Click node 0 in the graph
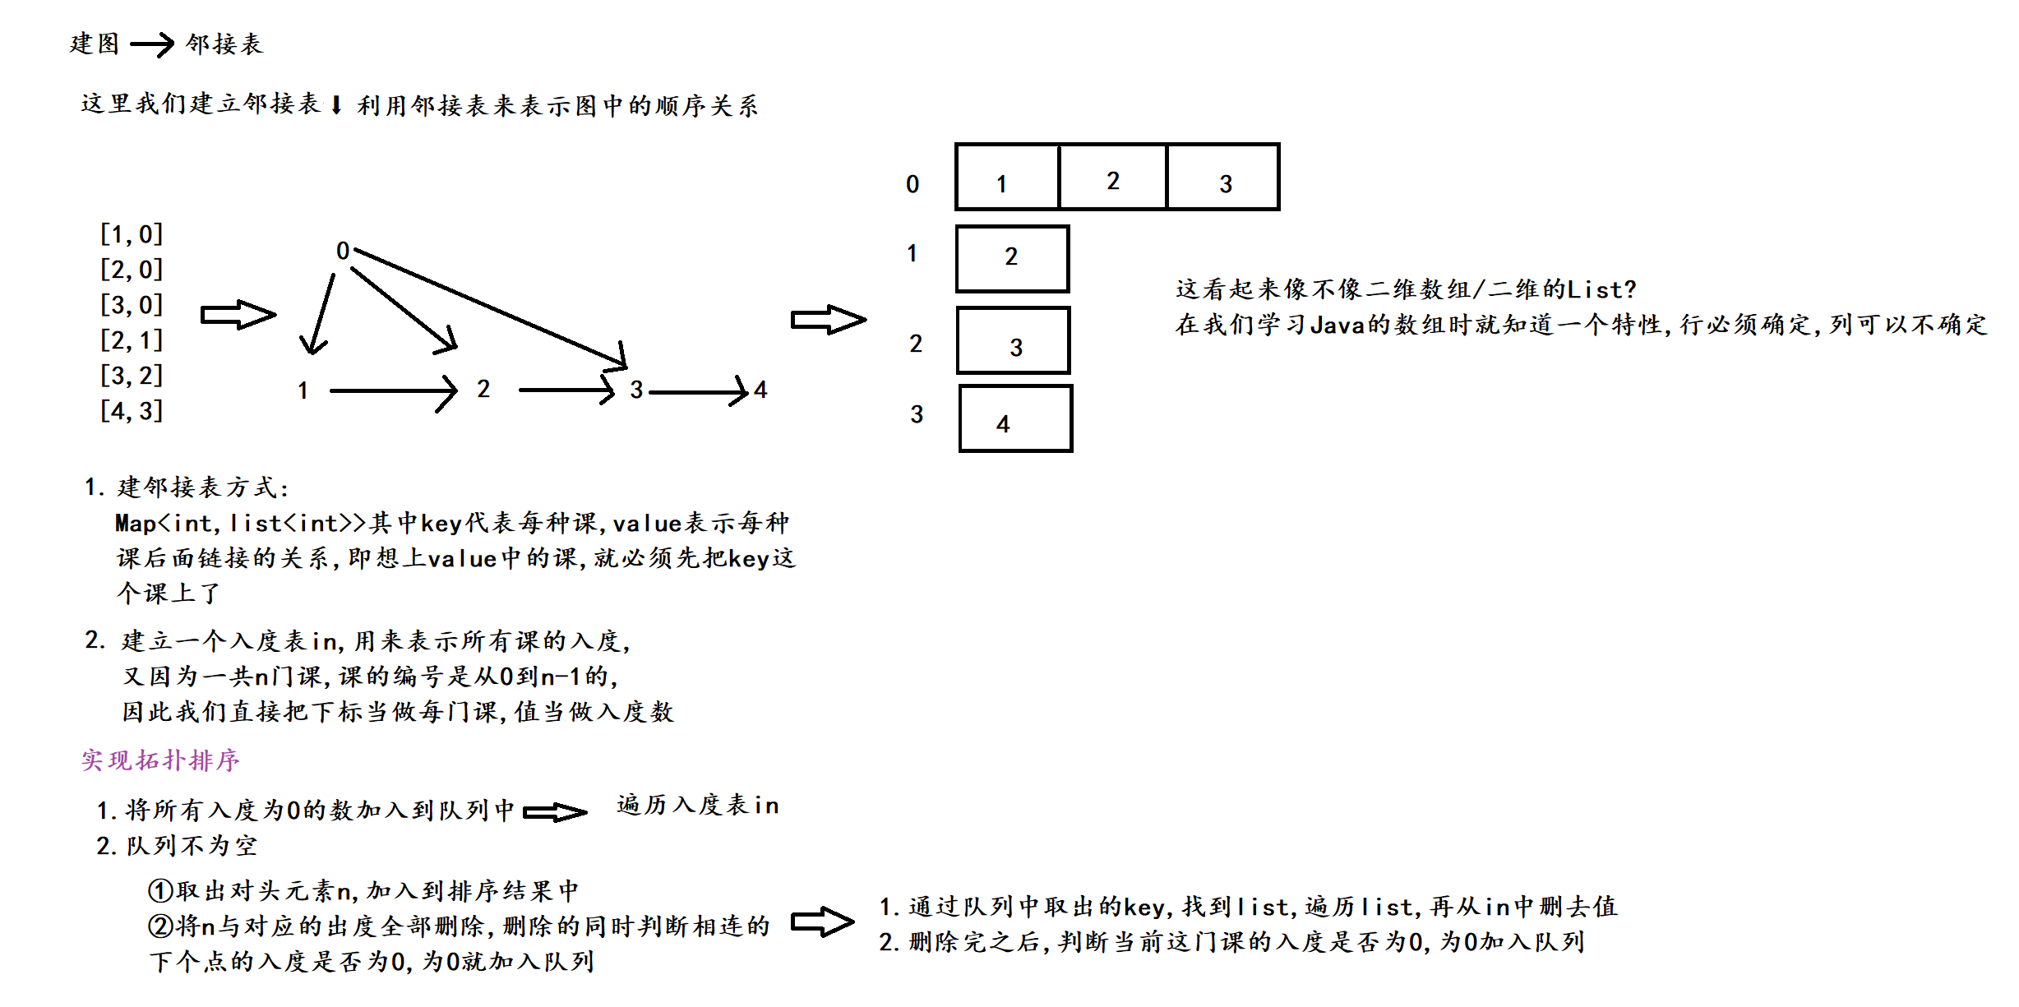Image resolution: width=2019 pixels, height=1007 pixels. (343, 251)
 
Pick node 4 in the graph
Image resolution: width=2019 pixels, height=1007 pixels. (760, 390)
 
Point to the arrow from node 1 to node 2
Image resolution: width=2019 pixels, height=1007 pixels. (393, 391)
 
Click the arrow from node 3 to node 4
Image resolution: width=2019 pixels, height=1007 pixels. (699, 391)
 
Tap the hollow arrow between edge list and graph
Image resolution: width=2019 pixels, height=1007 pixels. (238, 315)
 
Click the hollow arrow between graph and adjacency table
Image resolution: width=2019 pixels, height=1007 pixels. (828, 320)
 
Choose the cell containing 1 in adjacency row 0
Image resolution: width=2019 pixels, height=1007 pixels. (1007, 178)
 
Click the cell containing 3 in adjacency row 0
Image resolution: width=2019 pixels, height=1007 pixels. (1223, 178)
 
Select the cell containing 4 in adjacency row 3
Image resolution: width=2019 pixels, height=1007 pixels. (1015, 418)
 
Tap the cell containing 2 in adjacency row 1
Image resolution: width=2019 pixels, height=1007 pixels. (1012, 259)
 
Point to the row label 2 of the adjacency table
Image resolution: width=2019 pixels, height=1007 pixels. (916, 344)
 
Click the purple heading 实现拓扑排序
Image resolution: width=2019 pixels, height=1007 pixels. (160, 760)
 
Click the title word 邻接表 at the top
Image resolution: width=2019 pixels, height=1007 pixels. (224, 44)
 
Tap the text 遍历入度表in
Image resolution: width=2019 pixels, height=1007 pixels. (697, 805)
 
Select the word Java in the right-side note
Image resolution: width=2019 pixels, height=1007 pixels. (1337, 326)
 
